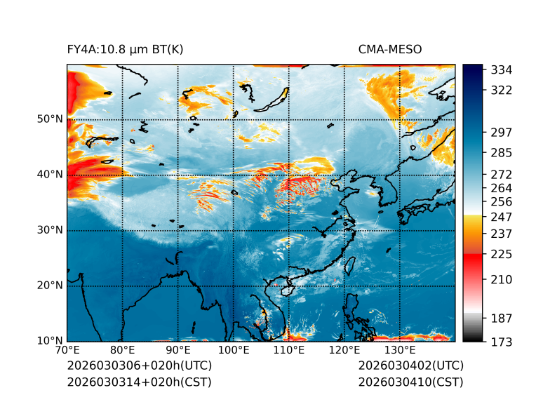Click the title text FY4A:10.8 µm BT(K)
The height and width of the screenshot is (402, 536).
(x=125, y=49)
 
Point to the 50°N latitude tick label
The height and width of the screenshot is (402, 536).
(x=50, y=119)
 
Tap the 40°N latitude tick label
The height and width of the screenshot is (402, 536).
(x=50, y=175)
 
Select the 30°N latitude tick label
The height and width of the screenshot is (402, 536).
(x=50, y=230)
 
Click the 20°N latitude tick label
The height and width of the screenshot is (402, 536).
(x=50, y=286)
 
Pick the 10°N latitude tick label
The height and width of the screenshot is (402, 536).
(x=50, y=341)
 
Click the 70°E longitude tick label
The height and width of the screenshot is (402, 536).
(x=67, y=350)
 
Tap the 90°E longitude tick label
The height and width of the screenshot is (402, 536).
(x=178, y=350)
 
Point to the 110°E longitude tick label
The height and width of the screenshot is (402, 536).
(x=288, y=350)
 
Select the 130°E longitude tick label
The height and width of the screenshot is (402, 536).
(x=399, y=350)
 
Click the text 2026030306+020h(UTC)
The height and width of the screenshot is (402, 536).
(x=139, y=366)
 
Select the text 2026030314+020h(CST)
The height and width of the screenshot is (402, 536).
(x=139, y=382)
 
